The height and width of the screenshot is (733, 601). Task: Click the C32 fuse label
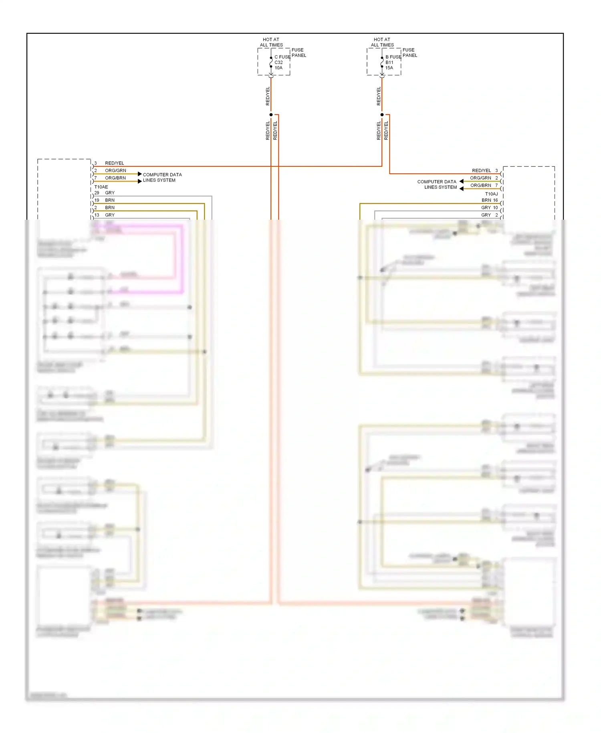278,63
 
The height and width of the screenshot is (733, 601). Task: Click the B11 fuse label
389,63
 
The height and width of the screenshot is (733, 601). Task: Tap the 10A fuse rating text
278,68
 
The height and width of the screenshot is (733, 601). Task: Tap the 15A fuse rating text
389,68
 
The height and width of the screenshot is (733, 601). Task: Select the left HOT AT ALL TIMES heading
271,42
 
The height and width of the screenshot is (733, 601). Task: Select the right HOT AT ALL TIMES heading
382,42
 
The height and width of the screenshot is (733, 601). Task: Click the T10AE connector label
101,187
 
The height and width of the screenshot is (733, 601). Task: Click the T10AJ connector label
491,194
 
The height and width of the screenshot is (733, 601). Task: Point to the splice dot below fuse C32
271,115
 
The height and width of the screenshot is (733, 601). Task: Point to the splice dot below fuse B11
382,115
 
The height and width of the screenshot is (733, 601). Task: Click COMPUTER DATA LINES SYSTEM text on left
162,177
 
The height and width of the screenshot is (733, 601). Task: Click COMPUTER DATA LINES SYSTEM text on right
437,184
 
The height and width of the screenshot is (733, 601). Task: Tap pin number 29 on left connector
97,193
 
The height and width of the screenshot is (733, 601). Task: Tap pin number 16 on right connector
496,200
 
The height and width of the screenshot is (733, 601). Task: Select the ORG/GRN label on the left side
115,170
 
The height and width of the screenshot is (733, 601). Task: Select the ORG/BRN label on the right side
480,185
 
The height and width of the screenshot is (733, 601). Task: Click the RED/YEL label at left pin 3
115,163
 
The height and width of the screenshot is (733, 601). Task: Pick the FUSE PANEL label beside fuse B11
409,53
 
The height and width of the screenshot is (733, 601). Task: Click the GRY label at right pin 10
486,208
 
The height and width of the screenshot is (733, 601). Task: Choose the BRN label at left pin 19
110,200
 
